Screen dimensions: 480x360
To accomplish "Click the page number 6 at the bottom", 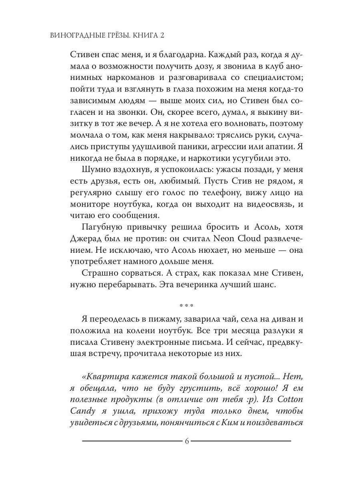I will pos(187,441).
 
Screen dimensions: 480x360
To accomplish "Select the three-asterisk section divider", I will pos(186,307).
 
